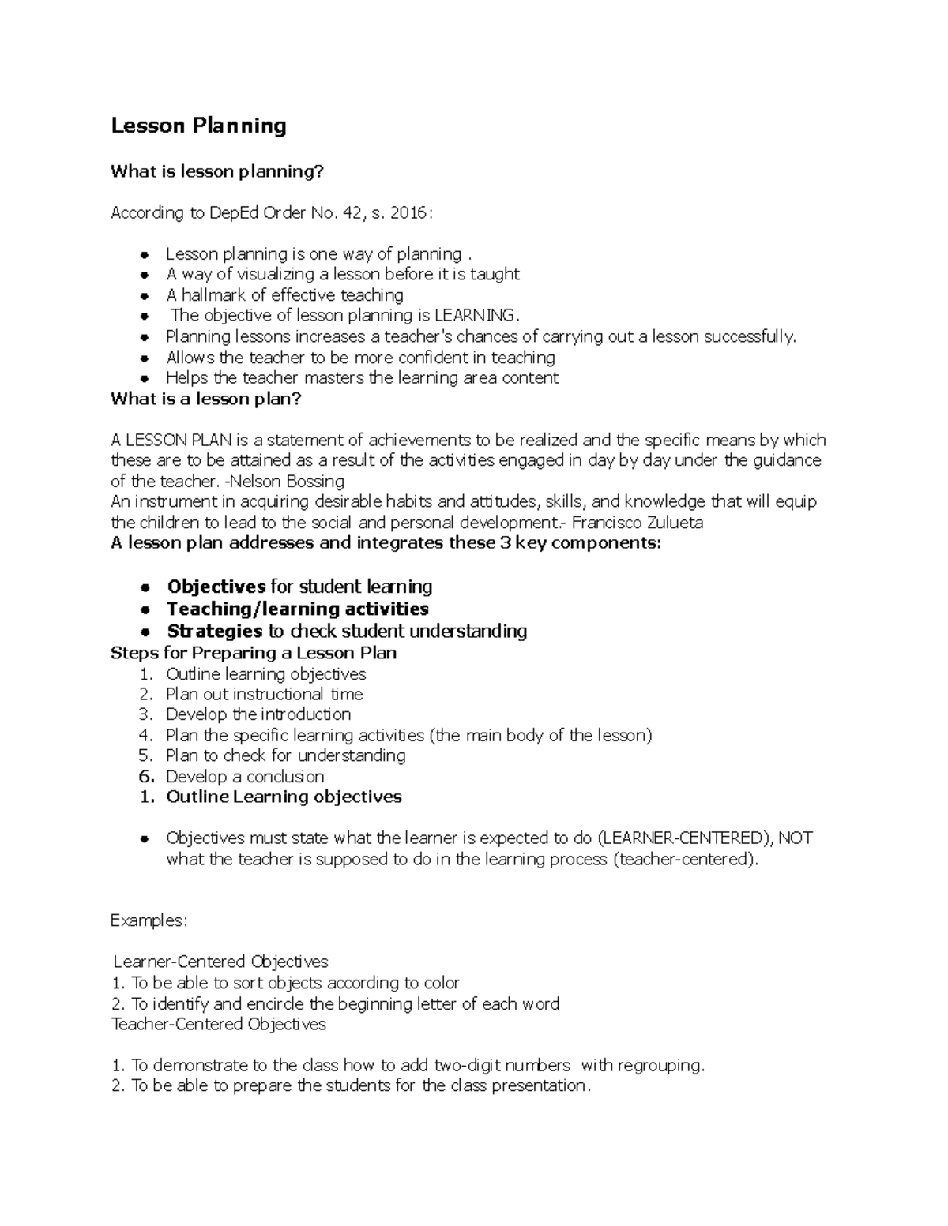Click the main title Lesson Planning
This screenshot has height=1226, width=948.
[x=198, y=126]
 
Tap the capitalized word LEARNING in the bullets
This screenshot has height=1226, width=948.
[x=474, y=316]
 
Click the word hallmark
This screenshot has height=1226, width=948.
[x=213, y=295]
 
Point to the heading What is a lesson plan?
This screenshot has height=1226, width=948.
[x=206, y=399]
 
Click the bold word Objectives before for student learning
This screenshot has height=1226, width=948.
[x=216, y=587]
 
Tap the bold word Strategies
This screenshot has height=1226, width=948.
[x=214, y=631]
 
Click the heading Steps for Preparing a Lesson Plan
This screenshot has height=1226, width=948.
[x=254, y=653]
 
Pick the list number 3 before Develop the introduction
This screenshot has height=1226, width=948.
[x=145, y=714]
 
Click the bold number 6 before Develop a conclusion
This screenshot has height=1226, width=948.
[x=145, y=776]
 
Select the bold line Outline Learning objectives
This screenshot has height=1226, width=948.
[x=284, y=797]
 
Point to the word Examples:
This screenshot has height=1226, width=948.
[x=149, y=920]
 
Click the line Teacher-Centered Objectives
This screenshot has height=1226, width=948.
[x=219, y=1024]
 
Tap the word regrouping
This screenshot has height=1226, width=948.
[x=660, y=1065]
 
